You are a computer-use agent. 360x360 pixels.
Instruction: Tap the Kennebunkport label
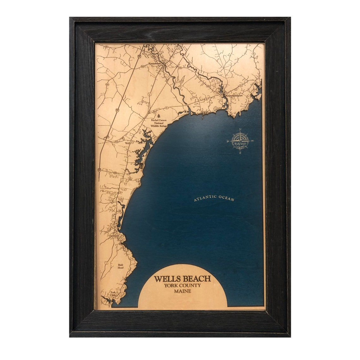tap(235, 95)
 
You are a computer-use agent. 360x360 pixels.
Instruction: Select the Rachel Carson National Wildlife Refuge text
tap(158, 123)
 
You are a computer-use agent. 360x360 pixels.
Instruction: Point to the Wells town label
tap(127, 143)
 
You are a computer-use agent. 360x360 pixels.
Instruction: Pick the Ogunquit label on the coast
tap(114, 236)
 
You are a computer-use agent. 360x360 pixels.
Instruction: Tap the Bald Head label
tap(121, 266)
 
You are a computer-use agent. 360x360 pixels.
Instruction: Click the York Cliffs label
tap(113, 294)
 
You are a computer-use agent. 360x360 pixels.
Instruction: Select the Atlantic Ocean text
tap(214, 198)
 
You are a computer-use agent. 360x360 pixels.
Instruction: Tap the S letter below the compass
tap(240, 153)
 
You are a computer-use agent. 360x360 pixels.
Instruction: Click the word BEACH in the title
tap(196, 279)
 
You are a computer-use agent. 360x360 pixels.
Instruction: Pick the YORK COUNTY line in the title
tap(182, 286)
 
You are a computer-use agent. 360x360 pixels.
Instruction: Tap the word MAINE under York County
tap(183, 291)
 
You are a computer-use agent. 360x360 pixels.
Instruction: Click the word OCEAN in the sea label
tap(226, 199)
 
